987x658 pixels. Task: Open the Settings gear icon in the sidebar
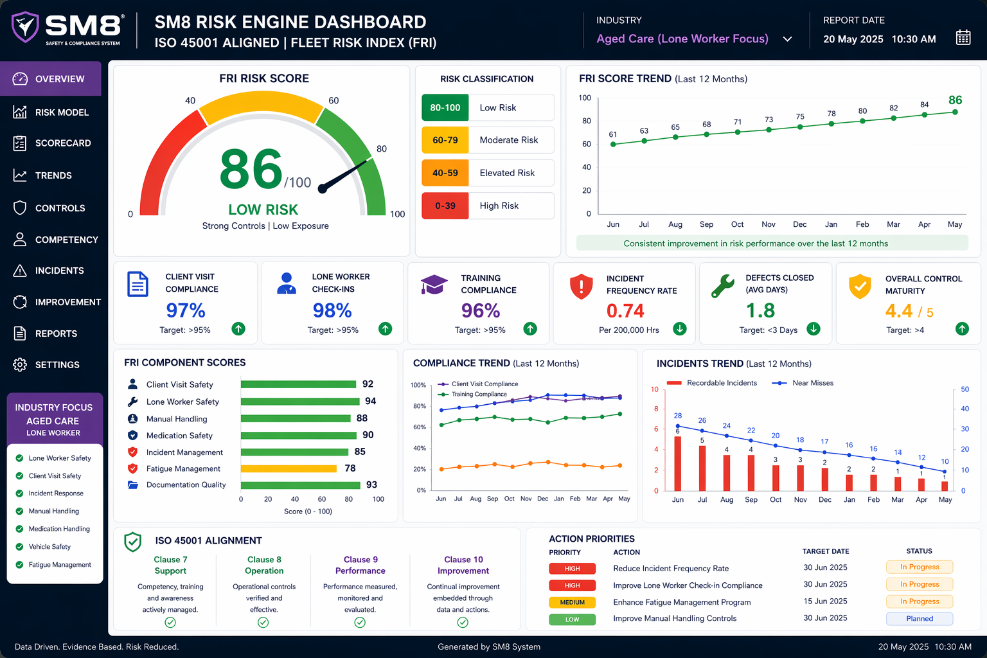[20, 365]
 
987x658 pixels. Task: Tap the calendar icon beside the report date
[963, 38]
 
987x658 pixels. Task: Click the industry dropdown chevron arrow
[787, 39]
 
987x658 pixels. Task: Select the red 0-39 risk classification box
[445, 206]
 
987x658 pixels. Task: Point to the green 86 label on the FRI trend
[956, 100]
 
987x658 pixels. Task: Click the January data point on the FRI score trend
[831, 124]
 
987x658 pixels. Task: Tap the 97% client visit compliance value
[186, 310]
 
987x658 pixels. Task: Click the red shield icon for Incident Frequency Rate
[581, 287]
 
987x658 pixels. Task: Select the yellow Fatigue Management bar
[289, 469]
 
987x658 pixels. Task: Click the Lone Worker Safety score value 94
[371, 401]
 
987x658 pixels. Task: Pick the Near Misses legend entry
[803, 383]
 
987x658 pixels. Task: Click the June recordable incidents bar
[678, 464]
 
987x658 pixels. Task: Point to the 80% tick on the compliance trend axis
[419, 406]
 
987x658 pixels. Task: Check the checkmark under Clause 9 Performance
[360, 622]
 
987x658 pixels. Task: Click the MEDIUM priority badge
[573, 603]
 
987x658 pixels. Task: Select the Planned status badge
[920, 619]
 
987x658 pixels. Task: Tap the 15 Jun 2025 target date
[825, 601]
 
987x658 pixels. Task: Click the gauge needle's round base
[323, 189]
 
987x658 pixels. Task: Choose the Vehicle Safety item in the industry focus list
[49, 547]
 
